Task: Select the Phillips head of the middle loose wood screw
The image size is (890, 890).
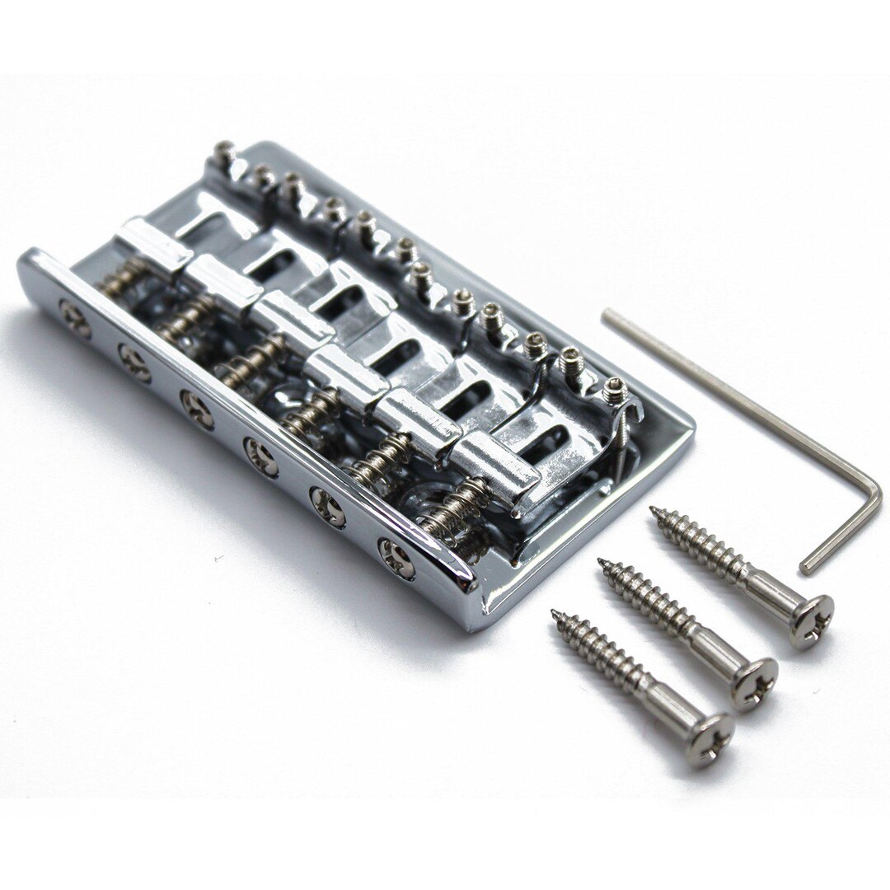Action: pyautogui.click(x=754, y=682)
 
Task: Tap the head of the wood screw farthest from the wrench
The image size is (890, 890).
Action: pyautogui.click(x=710, y=738)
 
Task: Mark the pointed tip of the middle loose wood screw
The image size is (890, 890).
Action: pyautogui.click(x=602, y=564)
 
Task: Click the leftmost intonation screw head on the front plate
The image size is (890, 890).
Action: pyautogui.click(x=75, y=317)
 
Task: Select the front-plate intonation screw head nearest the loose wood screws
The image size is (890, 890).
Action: pyautogui.click(x=397, y=558)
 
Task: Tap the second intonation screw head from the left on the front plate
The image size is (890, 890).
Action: pyautogui.click(x=134, y=362)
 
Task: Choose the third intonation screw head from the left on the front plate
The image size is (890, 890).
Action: pyautogui.click(x=197, y=408)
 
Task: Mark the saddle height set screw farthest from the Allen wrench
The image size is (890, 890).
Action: pyautogui.click(x=224, y=152)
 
